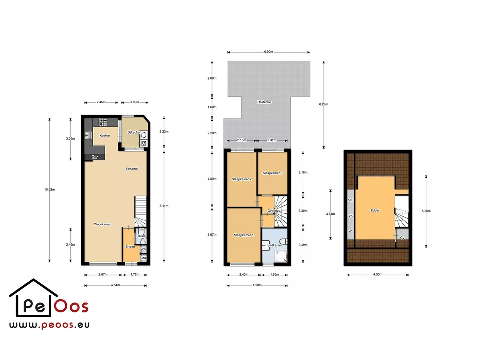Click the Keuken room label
104,136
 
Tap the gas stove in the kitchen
103,122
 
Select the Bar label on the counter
94,157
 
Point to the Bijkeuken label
134,132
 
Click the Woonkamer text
102,224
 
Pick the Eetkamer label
132,169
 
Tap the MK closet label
144,258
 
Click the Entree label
130,246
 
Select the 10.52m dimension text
50,190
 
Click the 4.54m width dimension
116,285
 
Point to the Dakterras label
264,102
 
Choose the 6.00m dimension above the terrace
268,52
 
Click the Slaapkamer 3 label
272,173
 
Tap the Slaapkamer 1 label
244,235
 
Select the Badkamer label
274,245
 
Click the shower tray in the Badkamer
281,256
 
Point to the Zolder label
375,210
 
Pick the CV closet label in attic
402,238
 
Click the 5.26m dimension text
426,211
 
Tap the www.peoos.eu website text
49,325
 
